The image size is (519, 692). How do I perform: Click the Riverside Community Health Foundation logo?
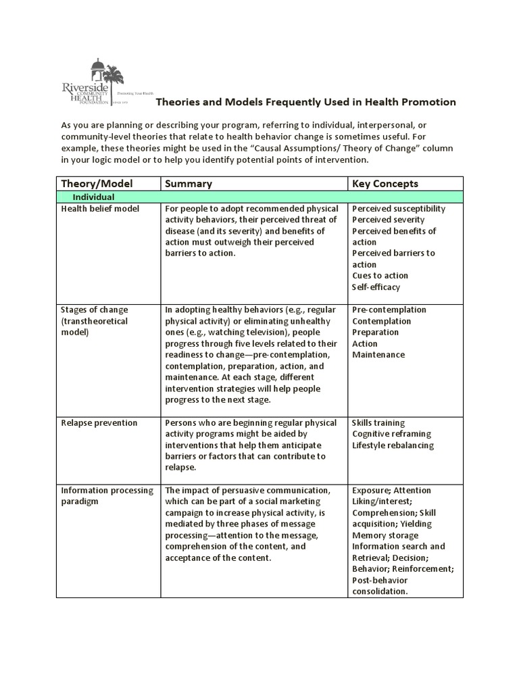101,83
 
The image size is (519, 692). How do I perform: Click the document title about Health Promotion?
306,102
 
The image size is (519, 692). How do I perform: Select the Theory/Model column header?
97,184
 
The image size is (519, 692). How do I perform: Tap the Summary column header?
189,184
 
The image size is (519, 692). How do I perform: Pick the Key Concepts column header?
385,184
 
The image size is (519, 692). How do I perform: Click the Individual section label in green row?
93,197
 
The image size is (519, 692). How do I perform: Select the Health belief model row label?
100,209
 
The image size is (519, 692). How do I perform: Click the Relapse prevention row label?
99,423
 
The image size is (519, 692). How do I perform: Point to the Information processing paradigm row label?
107,496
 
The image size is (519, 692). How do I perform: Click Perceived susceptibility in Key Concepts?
399,209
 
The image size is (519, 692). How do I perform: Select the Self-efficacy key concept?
376,287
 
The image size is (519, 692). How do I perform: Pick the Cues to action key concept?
380,276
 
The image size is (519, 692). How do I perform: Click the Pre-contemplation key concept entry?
389,310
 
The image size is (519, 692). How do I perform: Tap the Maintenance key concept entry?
378,355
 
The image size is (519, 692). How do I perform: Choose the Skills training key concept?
379,423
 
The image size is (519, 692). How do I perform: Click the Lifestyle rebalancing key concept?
393,445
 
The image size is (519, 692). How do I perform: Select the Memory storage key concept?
385,535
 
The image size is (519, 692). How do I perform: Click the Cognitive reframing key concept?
391,434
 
